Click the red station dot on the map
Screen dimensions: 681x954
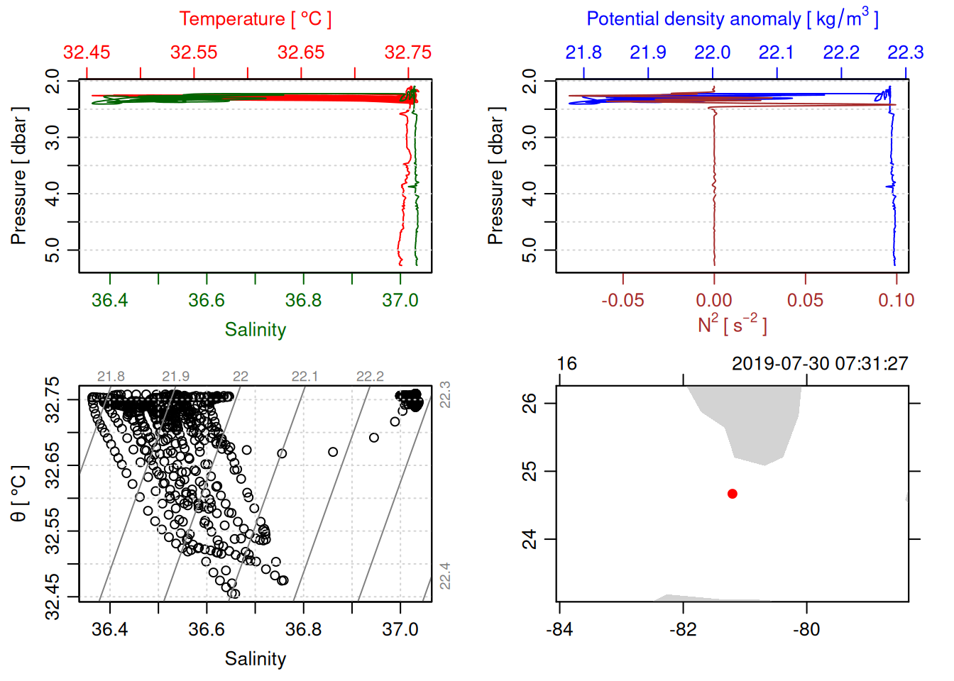pyautogui.click(x=733, y=494)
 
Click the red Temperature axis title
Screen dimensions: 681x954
pyautogui.click(x=255, y=19)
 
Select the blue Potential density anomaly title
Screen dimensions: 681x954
pyautogui.click(x=732, y=18)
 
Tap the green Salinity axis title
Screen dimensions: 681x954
pyautogui.click(x=255, y=330)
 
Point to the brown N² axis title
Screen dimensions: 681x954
pyautogui.click(x=732, y=325)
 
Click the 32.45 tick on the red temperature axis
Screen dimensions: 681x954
pyautogui.click(x=87, y=52)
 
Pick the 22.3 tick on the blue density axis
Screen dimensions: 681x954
pyautogui.click(x=906, y=52)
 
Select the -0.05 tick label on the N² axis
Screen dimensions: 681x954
pyautogui.click(x=623, y=300)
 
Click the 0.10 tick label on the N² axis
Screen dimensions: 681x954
pyautogui.click(x=896, y=300)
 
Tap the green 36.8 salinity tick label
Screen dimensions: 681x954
pyautogui.click(x=303, y=300)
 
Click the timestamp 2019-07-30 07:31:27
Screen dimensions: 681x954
pyautogui.click(x=820, y=364)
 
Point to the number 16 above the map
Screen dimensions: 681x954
pyautogui.click(x=566, y=364)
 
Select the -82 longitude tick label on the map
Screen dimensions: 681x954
pyautogui.click(x=683, y=629)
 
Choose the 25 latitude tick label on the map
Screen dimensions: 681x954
pyautogui.click(x=530, y=471)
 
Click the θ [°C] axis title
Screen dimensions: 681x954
pyautogui.click(x=19, y=493)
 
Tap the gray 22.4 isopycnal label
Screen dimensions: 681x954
pyautogui.click(x=445, y=576)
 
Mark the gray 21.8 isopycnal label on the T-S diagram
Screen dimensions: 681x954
pyautogui.click(x=111, y=377)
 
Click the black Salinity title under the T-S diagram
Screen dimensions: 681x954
pyautogui.click(x=255, y=659)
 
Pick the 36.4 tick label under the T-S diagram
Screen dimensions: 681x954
pyautogui.click(x=109, y=629)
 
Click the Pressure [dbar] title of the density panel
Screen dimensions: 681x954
pyautogui.click(x=495, y=176)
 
